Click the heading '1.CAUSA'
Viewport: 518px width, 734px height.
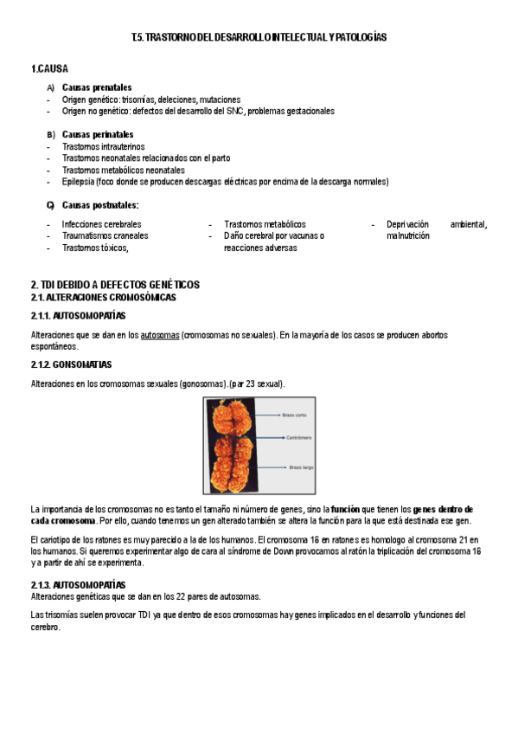49,68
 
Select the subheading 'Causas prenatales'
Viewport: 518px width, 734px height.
97,87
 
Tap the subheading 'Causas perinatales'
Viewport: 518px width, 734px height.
98,134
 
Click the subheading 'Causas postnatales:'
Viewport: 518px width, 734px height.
100,205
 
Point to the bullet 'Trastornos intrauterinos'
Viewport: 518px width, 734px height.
106,146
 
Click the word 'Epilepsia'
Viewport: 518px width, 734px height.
78,182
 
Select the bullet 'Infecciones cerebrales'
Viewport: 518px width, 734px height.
101,224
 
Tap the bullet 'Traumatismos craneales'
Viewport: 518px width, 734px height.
105,235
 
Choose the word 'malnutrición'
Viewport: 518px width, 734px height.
408,235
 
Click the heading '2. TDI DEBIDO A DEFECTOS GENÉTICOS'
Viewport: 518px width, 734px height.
115,285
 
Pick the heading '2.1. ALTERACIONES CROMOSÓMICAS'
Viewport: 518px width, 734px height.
103,297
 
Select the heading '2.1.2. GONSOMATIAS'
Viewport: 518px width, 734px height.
71,364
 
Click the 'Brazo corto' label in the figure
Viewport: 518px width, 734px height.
295,415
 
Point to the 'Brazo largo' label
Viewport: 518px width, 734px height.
295,468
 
